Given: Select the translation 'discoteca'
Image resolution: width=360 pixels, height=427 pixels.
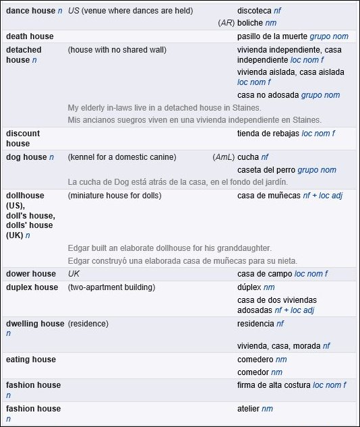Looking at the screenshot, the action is (254, 11).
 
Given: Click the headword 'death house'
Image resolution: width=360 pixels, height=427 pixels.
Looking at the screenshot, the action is (30, 36).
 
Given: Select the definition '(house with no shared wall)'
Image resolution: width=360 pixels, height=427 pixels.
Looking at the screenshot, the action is (117, 50).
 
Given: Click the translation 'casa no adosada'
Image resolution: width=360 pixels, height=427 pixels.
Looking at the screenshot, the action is (268, 95).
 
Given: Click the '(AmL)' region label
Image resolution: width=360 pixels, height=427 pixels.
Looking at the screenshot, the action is (223, 157).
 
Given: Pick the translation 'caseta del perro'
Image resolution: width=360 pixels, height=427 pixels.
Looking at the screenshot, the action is (266, 170).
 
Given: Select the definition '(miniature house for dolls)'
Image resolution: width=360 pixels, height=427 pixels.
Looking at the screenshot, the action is (115, 196).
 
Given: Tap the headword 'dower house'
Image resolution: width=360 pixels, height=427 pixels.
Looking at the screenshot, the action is (31, 274).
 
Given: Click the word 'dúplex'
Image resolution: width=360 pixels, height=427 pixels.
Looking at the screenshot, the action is (249, 287).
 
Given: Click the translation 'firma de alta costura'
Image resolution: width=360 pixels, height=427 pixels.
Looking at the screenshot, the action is (274, 385).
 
